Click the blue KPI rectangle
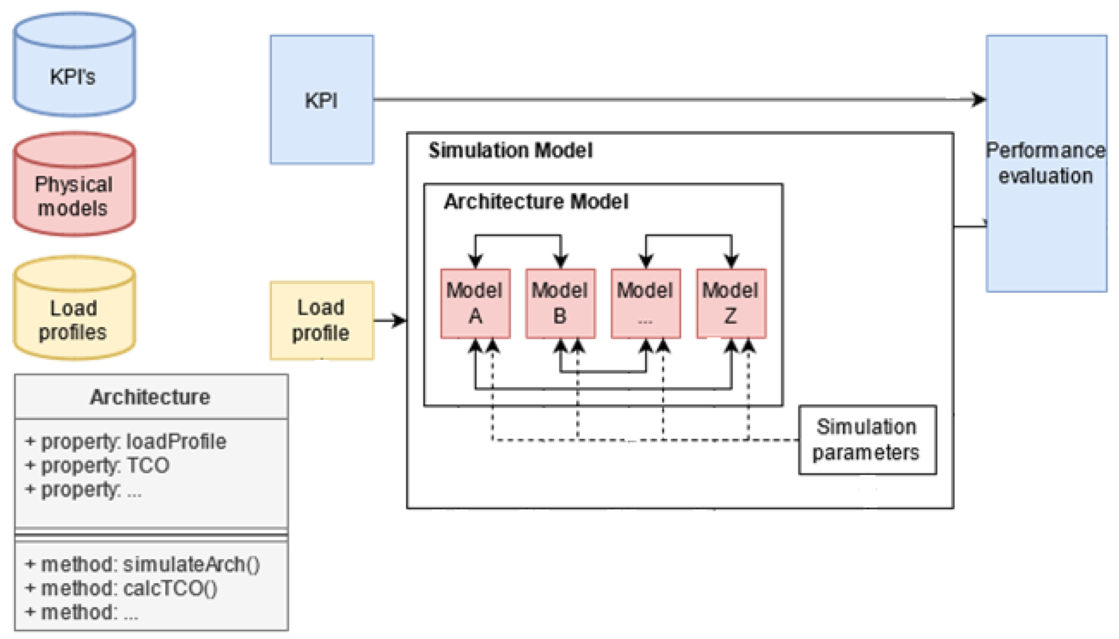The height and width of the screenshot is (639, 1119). tap(322, 100)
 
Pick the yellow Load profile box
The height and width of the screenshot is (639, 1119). tap(322, 320)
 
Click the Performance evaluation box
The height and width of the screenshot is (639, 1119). tap(1046, 163)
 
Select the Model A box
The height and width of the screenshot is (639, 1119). tap(475, 303)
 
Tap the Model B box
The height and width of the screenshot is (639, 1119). tap(560, 303)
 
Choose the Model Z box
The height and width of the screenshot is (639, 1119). tap(731, 303)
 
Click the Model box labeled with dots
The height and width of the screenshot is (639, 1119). tap(645, 303)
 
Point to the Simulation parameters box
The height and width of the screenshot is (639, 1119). tap(867, 440)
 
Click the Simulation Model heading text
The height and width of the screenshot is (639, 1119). tap(510, 150)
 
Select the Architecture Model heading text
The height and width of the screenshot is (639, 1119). tap(536, 202)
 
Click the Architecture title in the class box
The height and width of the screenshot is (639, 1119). tap(150, 397)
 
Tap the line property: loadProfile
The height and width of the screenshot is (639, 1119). tap(126, 442)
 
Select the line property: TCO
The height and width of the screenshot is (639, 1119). tap(98, 465)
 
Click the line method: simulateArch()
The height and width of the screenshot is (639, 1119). tap(142, 564)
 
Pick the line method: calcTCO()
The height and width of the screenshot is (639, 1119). tap(121, 588)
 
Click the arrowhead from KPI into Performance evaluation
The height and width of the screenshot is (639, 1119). tap(978, 99)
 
